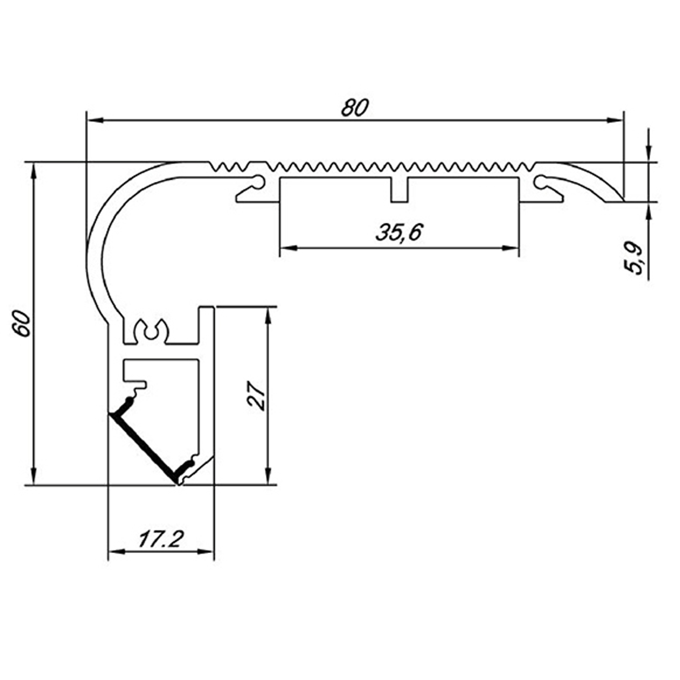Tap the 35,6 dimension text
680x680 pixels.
click(399, 232)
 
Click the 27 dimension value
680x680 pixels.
click(257, 395)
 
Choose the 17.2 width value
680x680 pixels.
click(161, 539)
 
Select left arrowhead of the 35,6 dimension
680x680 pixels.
click(288, 248)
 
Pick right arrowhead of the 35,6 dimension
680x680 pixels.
click(511, 248)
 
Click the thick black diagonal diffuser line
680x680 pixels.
click(143, 448)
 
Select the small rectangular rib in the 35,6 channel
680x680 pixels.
click(399, 190)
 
